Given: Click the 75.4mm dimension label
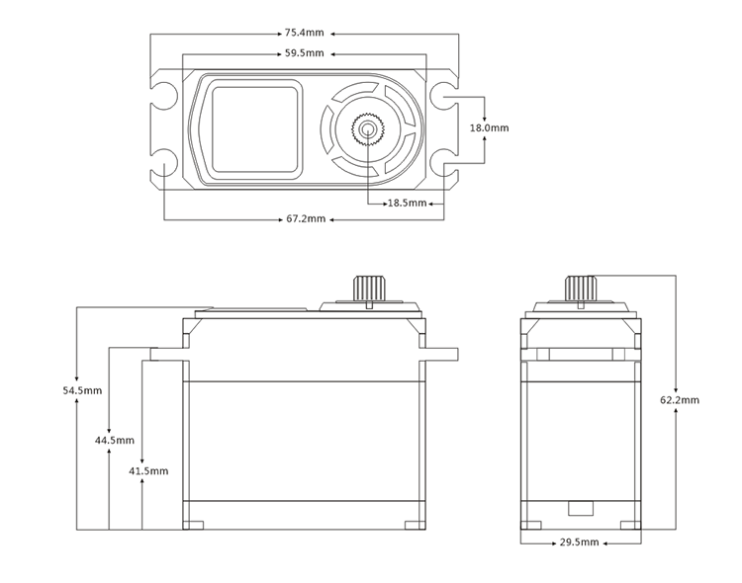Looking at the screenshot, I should (x=305, y=34).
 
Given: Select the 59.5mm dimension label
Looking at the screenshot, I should (x=305, y=52).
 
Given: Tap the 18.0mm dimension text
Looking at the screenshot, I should (x=489, y=128).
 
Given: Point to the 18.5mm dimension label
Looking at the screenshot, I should (x=406, y=203).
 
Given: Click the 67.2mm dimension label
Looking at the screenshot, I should (x=306, y=218).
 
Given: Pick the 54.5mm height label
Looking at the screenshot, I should (x=82, y=391).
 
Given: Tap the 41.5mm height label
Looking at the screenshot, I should (x=147, y=470).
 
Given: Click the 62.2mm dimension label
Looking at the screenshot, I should (x=679, y=400).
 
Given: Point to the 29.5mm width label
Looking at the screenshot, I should (x=579, y=542).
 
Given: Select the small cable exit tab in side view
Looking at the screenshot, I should (x=579, y=508).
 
